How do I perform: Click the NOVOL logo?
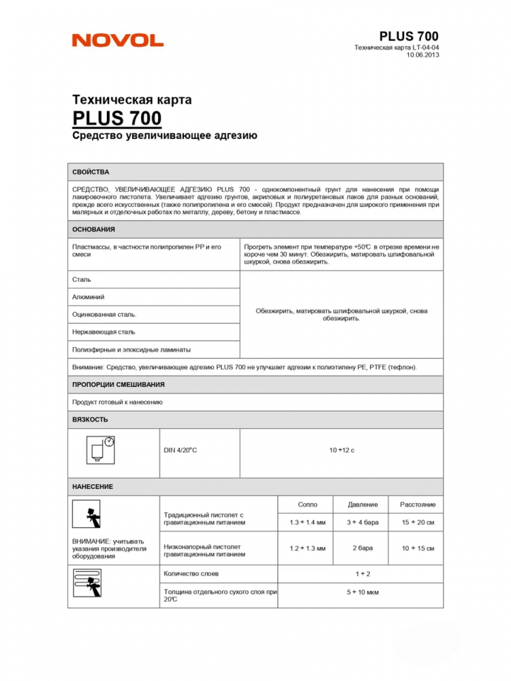[117, 40]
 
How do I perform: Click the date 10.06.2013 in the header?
[422, 55]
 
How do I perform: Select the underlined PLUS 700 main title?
[117, 118]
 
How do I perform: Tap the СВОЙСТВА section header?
[91, 172]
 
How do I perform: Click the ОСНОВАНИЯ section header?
[93, 229]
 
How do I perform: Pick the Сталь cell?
[82, 279]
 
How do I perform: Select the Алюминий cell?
[89, 297]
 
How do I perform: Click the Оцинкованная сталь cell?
[104, 315]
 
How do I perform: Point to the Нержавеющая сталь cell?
[104, 332]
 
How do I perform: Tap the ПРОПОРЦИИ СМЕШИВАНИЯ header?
[119, 385]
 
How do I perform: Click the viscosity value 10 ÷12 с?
[341, 450]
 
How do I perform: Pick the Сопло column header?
[307, 505]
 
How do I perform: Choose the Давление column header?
[362, 505]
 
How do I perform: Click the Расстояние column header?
[418, 505]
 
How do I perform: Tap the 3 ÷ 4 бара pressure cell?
[362, 522]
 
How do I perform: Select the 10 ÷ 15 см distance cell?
[418, 548]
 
